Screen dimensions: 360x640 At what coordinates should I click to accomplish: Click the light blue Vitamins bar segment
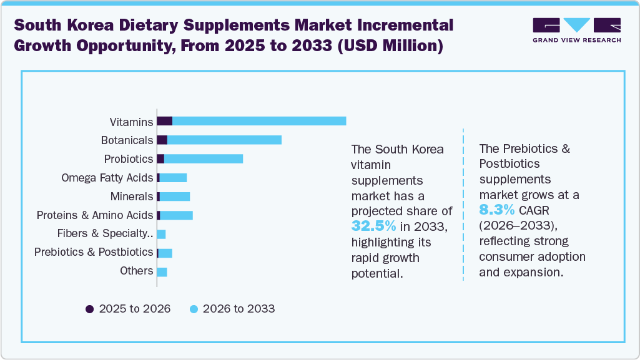[x=259, y=121]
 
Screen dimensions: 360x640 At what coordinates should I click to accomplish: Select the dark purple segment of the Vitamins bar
[x=164, y=121]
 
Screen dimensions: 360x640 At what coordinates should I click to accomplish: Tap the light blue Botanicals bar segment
[x=224, y=140]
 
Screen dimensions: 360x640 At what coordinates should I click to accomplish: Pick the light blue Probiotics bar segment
[x=203, y=158]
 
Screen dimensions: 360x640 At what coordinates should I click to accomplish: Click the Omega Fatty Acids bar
[x=173, y=178]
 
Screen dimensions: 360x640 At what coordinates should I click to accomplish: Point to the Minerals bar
[x=174, y=197]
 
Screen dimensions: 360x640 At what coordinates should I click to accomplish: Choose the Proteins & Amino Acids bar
[x=175, y=215]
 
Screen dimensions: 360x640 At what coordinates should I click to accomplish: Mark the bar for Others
[x=162, y=271]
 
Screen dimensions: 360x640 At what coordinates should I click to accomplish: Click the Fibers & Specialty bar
[x=161, y=234]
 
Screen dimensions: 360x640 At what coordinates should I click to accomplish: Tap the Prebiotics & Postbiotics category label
[x=94, y=252]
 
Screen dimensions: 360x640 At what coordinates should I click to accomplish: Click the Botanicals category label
[x=127, y=140]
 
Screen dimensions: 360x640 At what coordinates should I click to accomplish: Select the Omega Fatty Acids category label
[x=107, y=178]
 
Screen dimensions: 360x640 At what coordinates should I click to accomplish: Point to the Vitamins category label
[x=131, y=121]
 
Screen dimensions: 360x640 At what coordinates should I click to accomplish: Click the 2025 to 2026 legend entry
[x=128, y=308]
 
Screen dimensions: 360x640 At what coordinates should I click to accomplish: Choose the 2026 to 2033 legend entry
[x=232, y=308]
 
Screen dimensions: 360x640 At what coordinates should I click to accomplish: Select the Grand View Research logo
[x=576, y=30]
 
